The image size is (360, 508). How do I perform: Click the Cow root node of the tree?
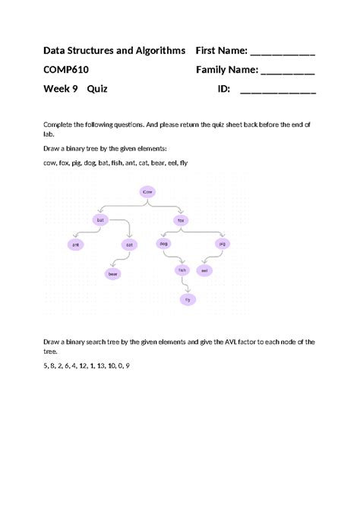(x=147, y=192)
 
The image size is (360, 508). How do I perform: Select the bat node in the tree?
(x=99, y=219)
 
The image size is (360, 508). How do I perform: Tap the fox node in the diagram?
(x=181, y=219)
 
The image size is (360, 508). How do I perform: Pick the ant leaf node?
(x=75, y=245)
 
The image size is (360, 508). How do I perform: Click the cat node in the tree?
(x=130, y=245)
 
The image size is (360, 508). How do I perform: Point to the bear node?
(x=112, y=273)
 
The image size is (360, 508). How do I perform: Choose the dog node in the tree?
(x=163, y=244)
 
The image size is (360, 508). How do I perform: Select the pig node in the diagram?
(x=222, y=244)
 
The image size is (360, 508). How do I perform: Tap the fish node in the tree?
(x=182, y=270)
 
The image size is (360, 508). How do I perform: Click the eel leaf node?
(x=204, y=270)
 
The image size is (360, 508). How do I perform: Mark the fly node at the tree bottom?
(x=187, y=299)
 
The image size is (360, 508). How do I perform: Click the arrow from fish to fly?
(x=184, y=284)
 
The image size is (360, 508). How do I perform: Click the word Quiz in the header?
(x=97, y=89)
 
